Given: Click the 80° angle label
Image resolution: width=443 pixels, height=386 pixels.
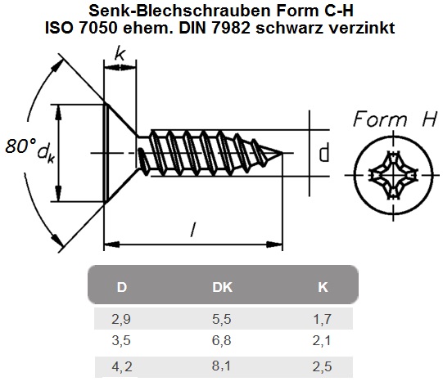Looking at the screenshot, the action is coord(20,146).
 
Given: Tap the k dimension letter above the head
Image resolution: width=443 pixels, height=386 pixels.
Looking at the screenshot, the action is coord(120,54).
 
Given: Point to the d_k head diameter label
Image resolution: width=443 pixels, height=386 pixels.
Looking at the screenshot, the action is coord(46,154).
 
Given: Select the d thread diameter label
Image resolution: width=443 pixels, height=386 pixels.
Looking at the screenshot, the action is coord(324,153).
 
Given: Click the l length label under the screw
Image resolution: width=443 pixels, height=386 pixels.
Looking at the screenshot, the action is coord(193,230).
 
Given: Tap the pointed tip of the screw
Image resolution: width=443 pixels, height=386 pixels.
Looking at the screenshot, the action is coord(283,153).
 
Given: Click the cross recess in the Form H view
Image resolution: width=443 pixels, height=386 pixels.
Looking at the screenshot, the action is coord(393,175).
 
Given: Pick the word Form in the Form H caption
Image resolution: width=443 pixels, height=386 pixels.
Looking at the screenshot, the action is coord(380,119).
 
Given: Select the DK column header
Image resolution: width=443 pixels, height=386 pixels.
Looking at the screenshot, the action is coord(223,287).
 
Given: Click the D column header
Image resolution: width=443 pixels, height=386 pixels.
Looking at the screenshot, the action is coord(122,287).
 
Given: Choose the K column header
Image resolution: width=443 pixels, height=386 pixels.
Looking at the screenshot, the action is coord(323,287).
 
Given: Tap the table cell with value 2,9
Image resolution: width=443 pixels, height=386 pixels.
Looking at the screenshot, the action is coord(121,319).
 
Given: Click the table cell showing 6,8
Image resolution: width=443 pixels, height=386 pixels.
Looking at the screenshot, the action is coord(222,340).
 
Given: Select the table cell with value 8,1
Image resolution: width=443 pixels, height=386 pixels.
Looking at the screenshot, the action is coord(221,366).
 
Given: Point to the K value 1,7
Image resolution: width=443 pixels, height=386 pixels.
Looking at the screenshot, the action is coord(322,319).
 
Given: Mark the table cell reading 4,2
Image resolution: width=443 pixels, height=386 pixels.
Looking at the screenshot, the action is coord(122,367).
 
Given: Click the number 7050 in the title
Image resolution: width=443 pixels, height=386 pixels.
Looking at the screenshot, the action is coord(97,28).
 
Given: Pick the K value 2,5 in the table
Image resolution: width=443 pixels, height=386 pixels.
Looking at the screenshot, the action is coord(322,367).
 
